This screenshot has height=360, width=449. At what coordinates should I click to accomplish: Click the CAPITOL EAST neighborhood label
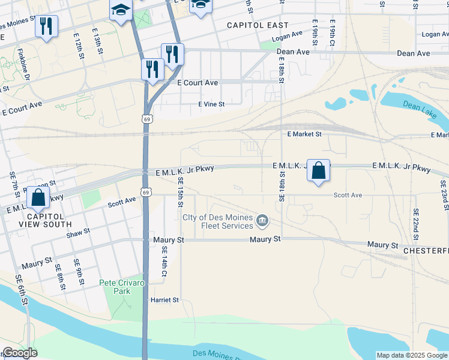point(258,25)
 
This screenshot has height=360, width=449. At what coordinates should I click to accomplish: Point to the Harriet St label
point(165,299)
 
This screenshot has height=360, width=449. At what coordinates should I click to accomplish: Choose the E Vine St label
point(211,104)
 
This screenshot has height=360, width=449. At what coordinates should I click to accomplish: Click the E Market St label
point(304,134)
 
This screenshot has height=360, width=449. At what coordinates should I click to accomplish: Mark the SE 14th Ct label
point(164,264)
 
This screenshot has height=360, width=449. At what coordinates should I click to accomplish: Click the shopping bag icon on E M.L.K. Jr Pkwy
point(319,170)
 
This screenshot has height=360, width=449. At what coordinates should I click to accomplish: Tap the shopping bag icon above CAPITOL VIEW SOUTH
point(38,197)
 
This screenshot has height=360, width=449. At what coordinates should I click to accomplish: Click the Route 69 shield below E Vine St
point(146,119)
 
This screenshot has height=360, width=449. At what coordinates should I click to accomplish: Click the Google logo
point(19,353)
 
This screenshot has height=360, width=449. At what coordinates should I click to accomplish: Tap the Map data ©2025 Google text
point(412,355)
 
